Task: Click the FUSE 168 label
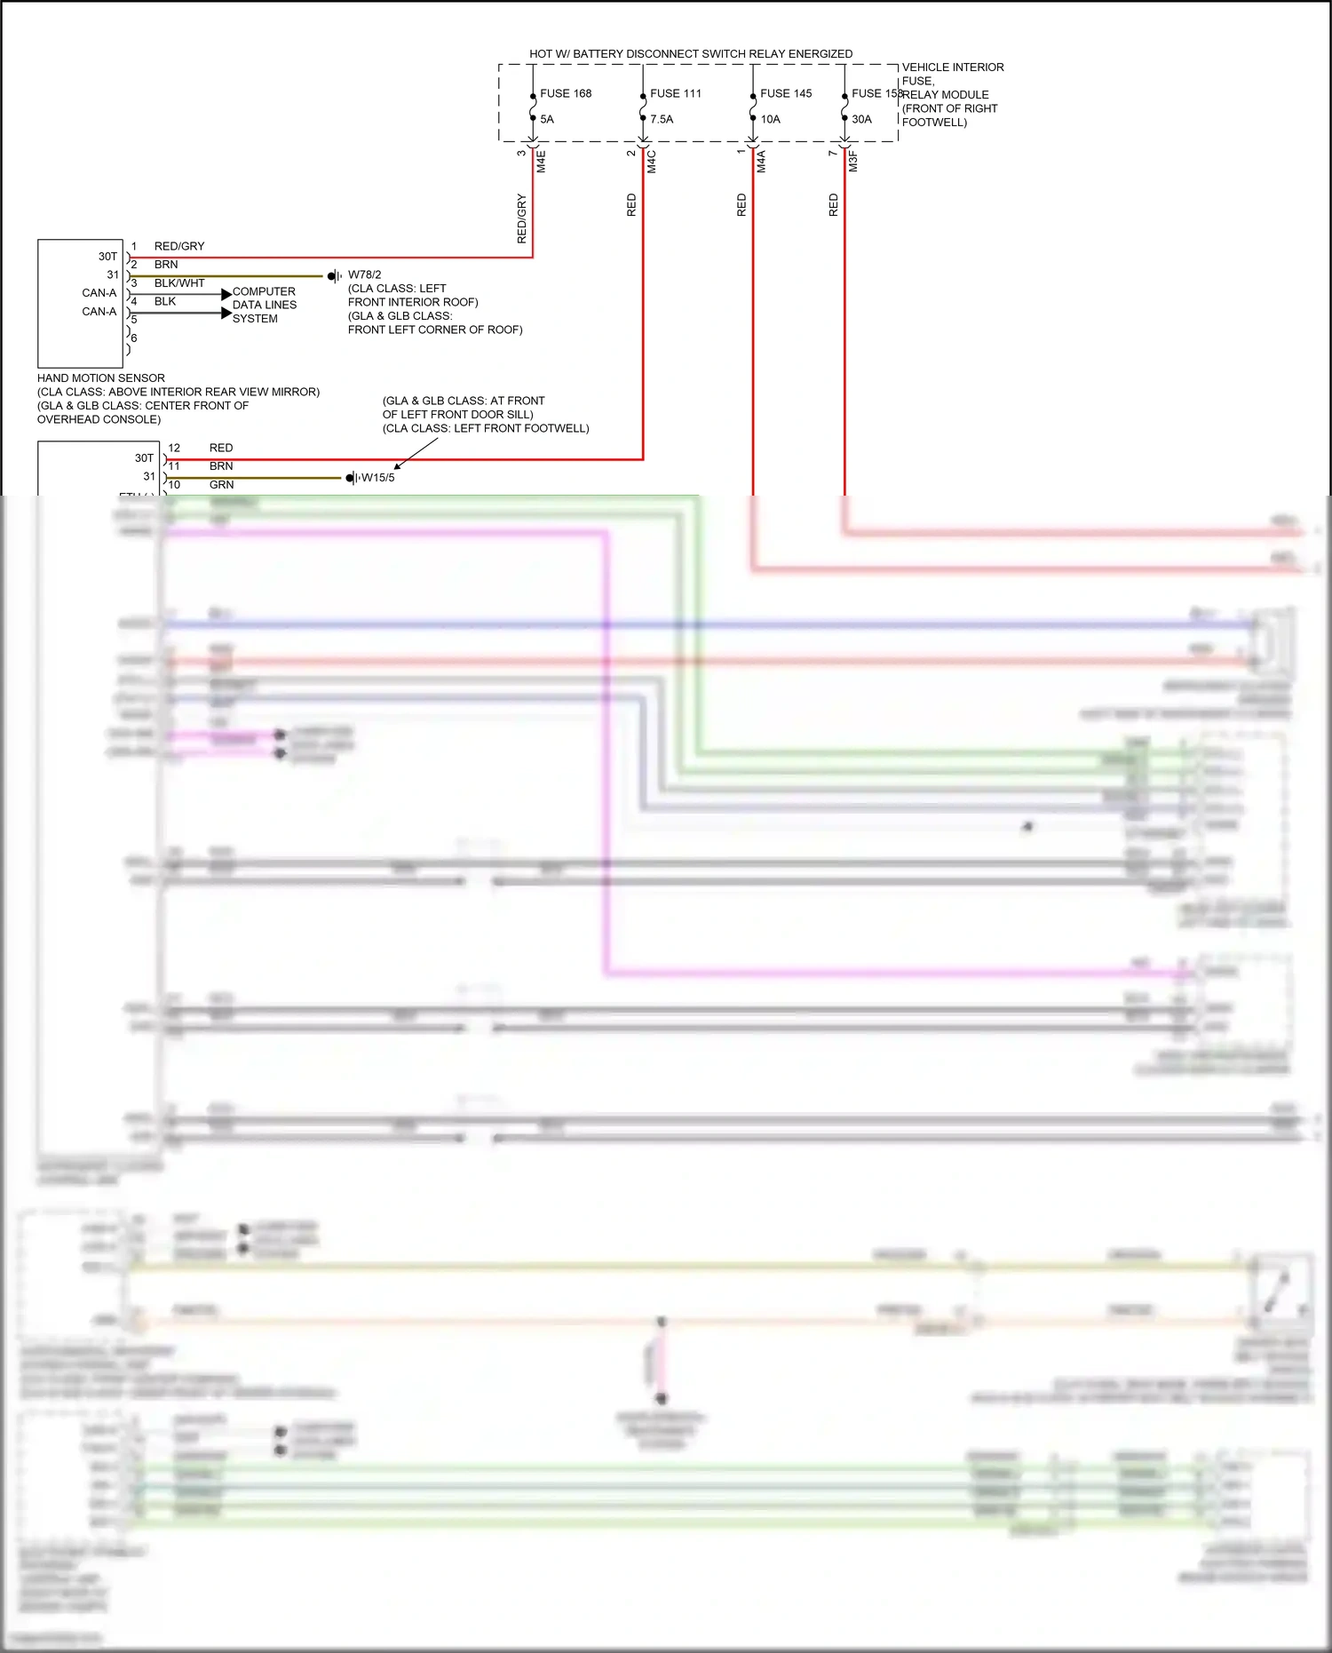pyautogui.click(x=566, y=93)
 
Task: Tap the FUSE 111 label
pyautogui.click(x=675, y=93)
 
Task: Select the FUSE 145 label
pyautogui.click(x=786, y=93)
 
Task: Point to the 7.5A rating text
pyautogui.click(x=662, y=119)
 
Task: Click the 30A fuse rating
pyautogui.click(x=861, y=119)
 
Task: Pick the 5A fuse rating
pyautogui.click(x=547, y=119)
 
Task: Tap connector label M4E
pyautogui.click(x=541, y=162)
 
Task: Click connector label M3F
pyautogui.click(x=852, y=162)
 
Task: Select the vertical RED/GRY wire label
pyautogui.click(x=521, y=219)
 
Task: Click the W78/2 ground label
pyautogui.click(x=364, y=275)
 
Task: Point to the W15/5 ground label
pyautogui.click(x=377, y=478)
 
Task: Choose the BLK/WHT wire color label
pyautogui.click(x=179, y=283)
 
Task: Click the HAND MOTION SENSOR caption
pyautogui.click(x=101, y=378)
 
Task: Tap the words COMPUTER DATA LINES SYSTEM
pyautogui.click(x=264, y=305)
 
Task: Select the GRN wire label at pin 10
pyautogui.click(x=222, y=485)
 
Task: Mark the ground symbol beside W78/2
pyautogui.click(x=334, y=276)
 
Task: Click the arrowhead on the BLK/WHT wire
pyautogui.click(x=226, y=294)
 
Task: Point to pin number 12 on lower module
pyautogui.click(x=174, y=449)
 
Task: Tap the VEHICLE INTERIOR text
pyautogui.click(x=953, y=68)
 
